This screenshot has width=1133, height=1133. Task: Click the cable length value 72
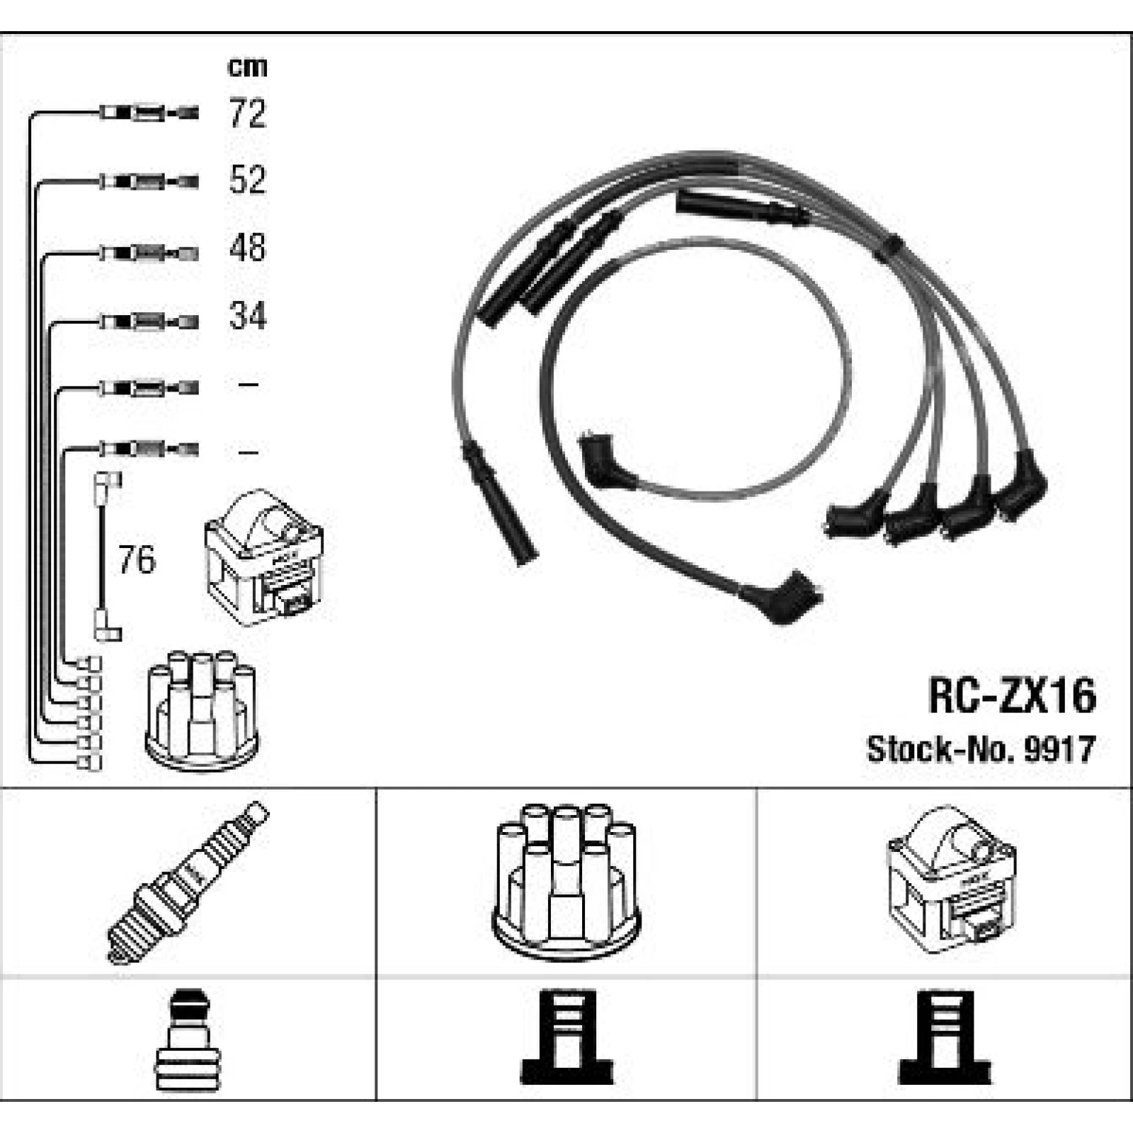tap(247, 113)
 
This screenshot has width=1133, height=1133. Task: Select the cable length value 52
tap(247, 180)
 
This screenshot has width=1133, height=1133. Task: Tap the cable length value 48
tap(247, 248)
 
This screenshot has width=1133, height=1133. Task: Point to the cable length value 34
tap(247, 316)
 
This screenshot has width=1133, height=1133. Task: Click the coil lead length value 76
tap(137, 559)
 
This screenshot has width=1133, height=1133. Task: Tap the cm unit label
tap(247, 67)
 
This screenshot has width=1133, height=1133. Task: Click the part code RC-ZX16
tap(1012, 695)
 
